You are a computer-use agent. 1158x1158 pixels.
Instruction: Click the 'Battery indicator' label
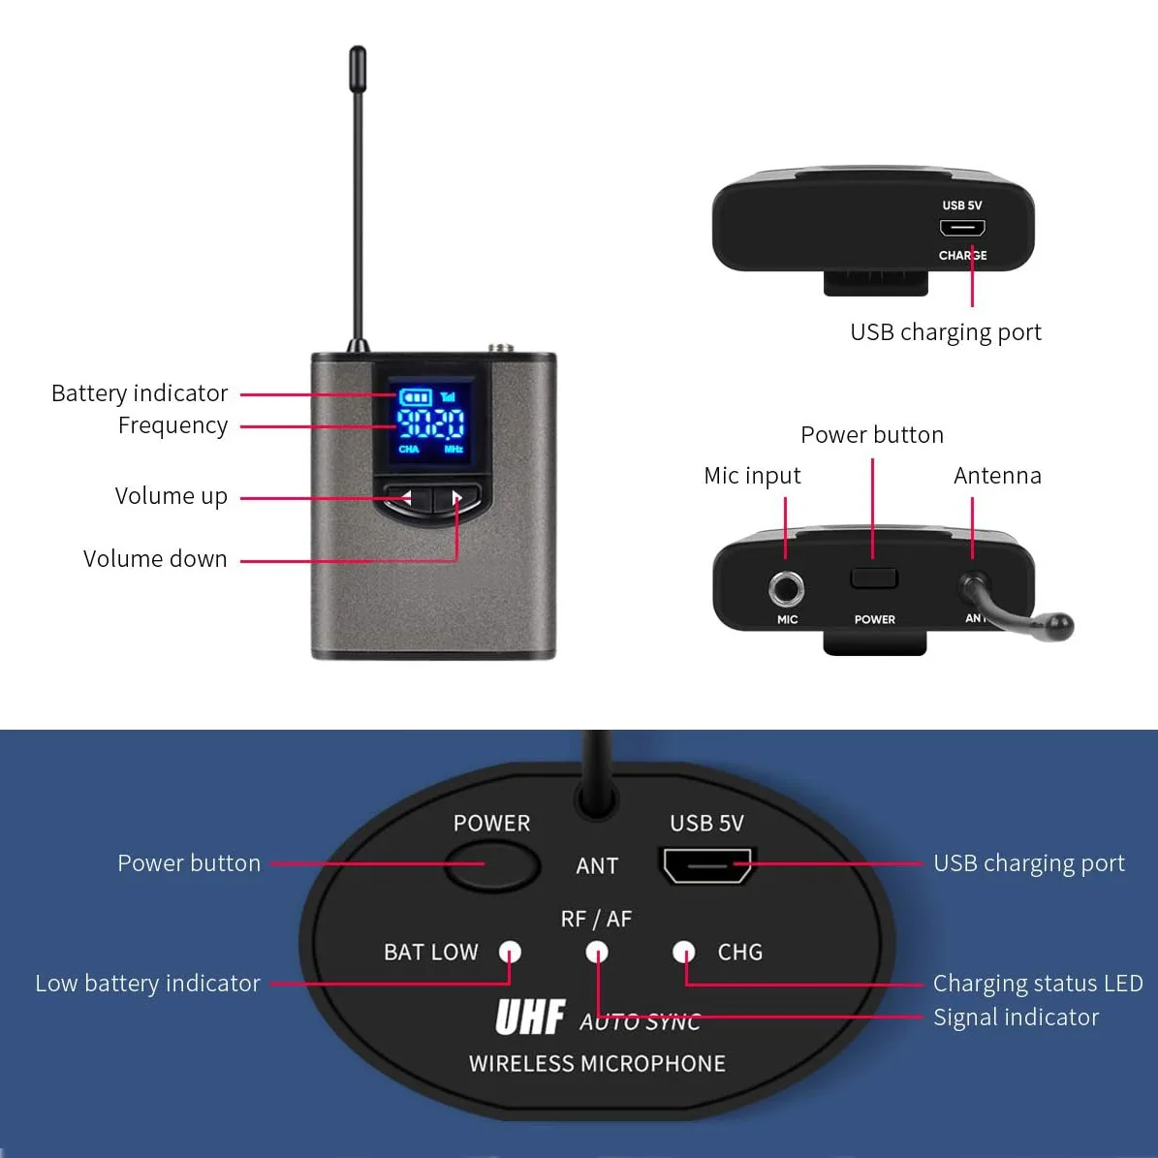click(139, 393)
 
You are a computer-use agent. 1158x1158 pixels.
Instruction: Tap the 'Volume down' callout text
click(155, 559)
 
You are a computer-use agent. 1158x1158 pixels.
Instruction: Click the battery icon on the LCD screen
click(415, 397)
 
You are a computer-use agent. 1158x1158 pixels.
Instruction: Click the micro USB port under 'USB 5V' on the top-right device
click(962, 229)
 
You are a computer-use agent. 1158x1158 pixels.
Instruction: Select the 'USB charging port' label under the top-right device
click(945, 332)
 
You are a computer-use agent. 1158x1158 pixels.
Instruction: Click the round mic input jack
click(786, 588)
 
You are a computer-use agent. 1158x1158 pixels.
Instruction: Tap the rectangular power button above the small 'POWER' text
click(874, 579)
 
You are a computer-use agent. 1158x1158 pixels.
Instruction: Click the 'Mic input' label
click(752, 476)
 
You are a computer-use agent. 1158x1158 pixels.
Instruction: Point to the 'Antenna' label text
click(997, 476)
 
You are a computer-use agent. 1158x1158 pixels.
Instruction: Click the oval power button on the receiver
click(492, 864)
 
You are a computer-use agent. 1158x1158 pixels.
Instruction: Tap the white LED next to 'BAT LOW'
click(510, 953)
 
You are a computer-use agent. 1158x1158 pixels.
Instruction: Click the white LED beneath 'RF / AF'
click(597, 953)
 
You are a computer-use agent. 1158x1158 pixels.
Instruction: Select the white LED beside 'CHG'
click(684, 953)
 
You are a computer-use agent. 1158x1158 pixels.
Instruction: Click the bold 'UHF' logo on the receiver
click(530, 1017)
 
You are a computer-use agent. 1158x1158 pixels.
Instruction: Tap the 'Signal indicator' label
click(1016, 1017)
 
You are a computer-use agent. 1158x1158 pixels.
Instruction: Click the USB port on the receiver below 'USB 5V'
click(707, 864)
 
